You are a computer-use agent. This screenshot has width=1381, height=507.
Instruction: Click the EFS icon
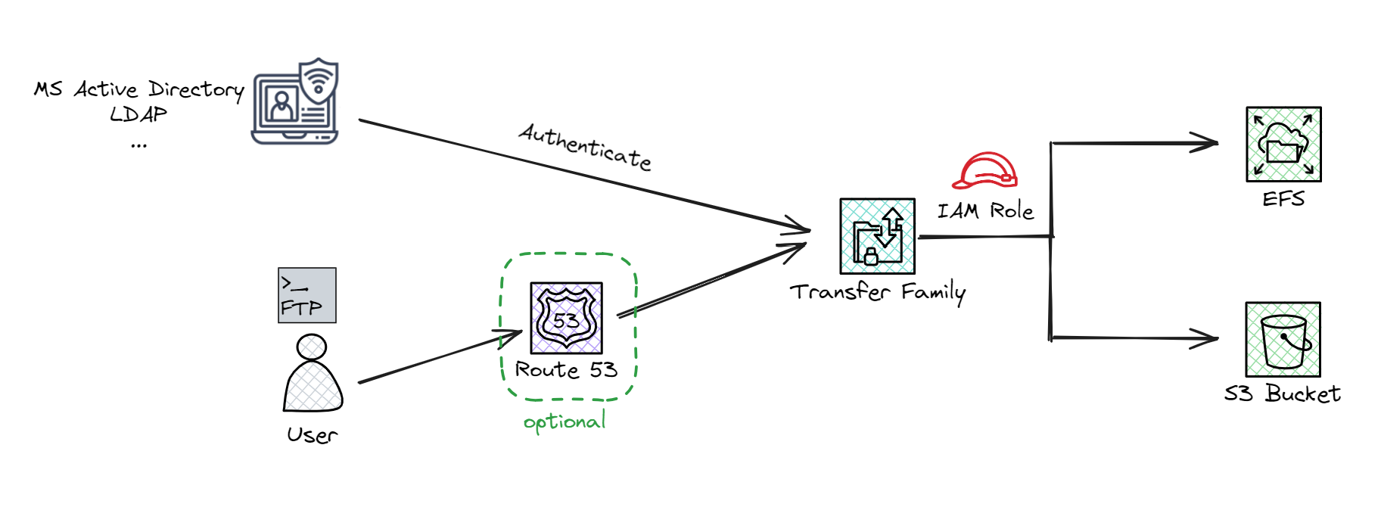pyautogui.click(x=1283, y=145)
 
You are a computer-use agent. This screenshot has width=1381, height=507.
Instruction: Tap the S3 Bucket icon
pyautogui.click(x=1283, y=340)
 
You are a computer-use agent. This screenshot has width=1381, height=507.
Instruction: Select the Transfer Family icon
pyautogui.click(x=877, y=236)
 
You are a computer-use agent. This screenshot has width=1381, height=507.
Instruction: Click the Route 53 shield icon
pyautogui.click(x=566, y=318)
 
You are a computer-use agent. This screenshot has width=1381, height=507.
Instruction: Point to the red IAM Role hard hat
pyautogui.click(x=985, y=171)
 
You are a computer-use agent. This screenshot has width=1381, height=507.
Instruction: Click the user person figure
pyautogui.click(x=313, y=374)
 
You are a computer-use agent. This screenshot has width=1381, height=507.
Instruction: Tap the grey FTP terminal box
pyautogui.click(x=306, y=295)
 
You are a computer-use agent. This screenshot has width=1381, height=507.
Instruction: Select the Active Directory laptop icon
pyautogui.click(x=295, y=102)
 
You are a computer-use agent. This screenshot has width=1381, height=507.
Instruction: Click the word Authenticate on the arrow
pyautogui.click(x=585, y=147)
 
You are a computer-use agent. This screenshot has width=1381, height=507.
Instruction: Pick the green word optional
pyautogui.click(x=565, y=421)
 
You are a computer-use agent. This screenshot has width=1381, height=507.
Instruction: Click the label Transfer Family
pyautogui.click(x=878, y=292)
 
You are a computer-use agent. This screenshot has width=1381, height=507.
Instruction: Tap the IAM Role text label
pyautogui.click(x=985, y=211)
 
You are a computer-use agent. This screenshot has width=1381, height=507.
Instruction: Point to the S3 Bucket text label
pyautogui.click(x=1283, y=393)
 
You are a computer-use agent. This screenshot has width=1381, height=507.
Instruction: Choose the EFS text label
pyautogui.click(x=1283, y=199)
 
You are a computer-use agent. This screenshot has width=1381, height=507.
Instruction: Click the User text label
pyautogui.click(x=312, y=435)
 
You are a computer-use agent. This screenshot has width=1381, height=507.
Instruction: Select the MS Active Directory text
pyautogui.click(x=139, y=89)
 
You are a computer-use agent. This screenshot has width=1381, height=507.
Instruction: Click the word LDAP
pyautogui.click(x=138, y=114)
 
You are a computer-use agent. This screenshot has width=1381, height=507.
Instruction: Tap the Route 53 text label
pyautogui.click(x=566, y=369)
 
